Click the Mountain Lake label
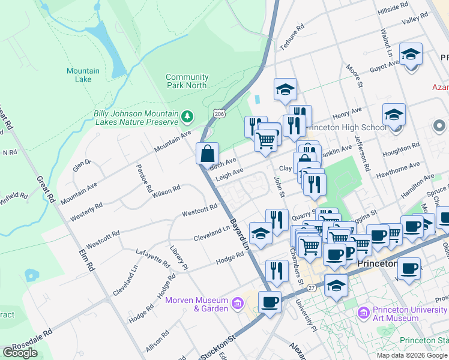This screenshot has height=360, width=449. [83, 75]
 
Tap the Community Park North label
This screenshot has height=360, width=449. [187, 81]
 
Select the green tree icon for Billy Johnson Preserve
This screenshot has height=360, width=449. [188, 115]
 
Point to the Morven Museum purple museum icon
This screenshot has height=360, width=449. [238, 304]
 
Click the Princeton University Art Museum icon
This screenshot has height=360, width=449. [363, 313]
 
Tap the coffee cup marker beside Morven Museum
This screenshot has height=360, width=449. [270, 302]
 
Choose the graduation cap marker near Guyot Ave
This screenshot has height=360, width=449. [411, 55]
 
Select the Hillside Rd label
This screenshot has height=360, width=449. [392, 11]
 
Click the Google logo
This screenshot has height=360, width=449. [20, 353]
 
